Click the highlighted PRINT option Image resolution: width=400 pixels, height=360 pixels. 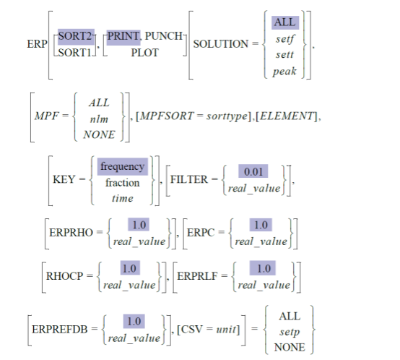(x=123, y=36)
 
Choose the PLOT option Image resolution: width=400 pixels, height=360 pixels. (x=144, y=52)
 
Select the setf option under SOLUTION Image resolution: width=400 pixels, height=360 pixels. (x=284, y=38)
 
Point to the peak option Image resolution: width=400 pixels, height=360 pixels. (x=284, y=71)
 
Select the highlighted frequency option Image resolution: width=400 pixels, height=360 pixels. (x=122, y=166)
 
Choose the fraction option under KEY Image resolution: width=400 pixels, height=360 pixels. (x=122, y=182)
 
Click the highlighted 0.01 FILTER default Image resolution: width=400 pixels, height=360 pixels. (x=253, y=172)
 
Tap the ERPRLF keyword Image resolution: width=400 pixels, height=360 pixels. (x=201, y=276)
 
